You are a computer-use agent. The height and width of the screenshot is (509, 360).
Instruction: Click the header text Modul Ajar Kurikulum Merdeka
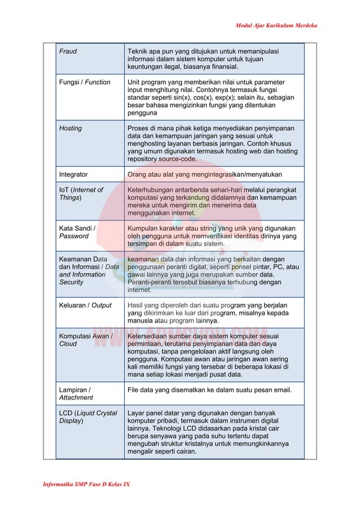click(x=276, y=25)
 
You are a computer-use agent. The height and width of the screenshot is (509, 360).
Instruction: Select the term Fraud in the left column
click(x=68, y=51)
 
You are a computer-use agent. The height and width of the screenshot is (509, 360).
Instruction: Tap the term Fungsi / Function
click(x=85, y=82)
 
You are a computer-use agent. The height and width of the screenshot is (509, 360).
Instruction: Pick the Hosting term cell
click(x=71, y=128)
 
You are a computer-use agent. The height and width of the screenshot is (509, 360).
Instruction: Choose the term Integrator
click(x=73, y=174)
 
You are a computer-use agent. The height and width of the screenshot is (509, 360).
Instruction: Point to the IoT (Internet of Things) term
click(x=81, y=194)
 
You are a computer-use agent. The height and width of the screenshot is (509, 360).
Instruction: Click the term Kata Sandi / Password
click(x=77, y=232)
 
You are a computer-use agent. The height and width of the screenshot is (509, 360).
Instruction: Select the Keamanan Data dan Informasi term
click(x=89, y=270)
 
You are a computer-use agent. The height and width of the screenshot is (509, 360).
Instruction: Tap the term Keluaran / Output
click(x=85, y=305)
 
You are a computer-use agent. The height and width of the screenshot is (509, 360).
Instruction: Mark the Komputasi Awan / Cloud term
click(x=86, y=340)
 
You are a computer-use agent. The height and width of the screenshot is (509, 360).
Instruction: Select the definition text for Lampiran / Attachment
click(x=209, y=389)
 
